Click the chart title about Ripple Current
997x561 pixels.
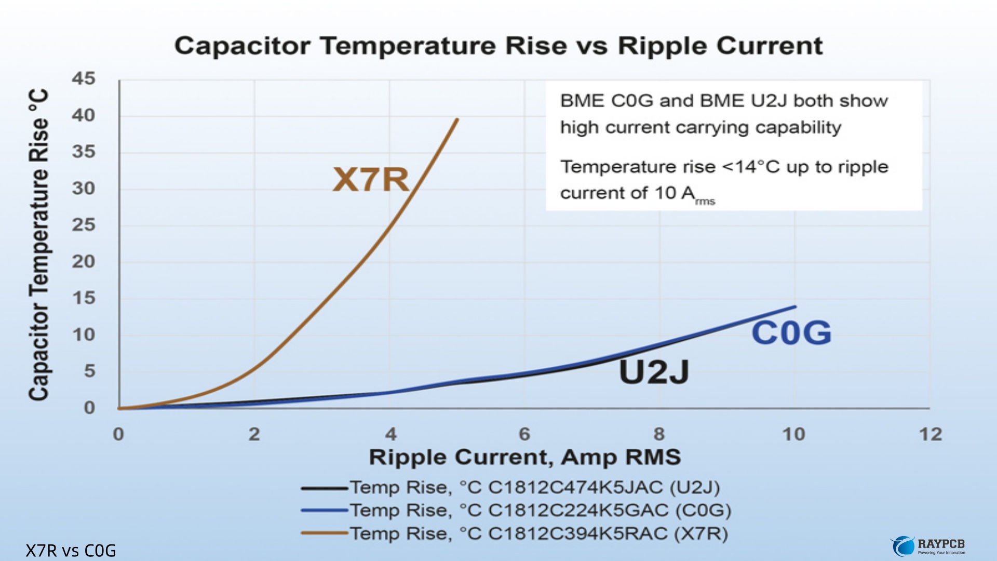[x=498, y=46]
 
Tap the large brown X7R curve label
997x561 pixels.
[x=371, y=179]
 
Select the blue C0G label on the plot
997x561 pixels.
[x=791, y=332]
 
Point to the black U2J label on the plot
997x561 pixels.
[x=654, y=371]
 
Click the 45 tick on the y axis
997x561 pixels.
[x=84, y=78]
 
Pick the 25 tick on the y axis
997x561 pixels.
[x=84, y=225]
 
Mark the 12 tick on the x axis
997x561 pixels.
[x=930, y=434]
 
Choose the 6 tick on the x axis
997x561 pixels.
[x=524, y=434]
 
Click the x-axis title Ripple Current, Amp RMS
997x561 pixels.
[x=524, y=457]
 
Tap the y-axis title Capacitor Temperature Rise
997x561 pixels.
[x=38, y=245]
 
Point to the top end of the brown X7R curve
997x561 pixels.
[x=457, y=119]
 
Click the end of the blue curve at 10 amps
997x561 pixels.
[x=795, y=307]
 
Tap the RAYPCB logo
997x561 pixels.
[x=928, y=546]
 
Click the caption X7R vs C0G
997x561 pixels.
[x=71, y=551]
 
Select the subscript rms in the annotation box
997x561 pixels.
[x=705, y=201]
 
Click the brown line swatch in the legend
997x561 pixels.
[x=324, y=533]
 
